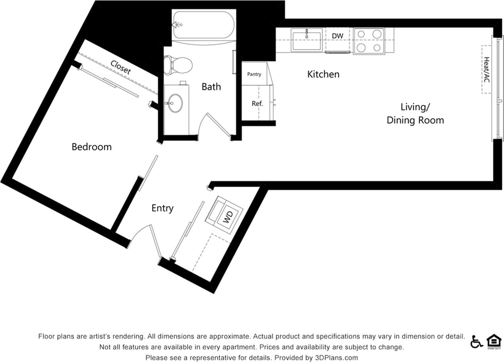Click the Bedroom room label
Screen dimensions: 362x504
coord(91,147)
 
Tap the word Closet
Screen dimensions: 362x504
coord(121,67)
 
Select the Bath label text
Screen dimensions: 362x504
coord(211,87)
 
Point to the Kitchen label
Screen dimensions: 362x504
coord(323,75)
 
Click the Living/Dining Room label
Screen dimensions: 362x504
coord(415,114)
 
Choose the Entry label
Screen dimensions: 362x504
coord(162,209)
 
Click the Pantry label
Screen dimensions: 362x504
coord(254,75)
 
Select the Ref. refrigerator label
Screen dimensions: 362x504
coord(257,104)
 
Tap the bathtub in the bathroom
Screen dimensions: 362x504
coord(203,25)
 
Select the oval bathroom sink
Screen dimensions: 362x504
coord(175,103)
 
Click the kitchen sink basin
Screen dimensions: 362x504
coord(306,40)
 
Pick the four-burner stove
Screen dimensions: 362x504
coord(369,41)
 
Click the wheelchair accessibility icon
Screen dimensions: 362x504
coord(476,341)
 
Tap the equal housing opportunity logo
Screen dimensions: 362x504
coord(494,341)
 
